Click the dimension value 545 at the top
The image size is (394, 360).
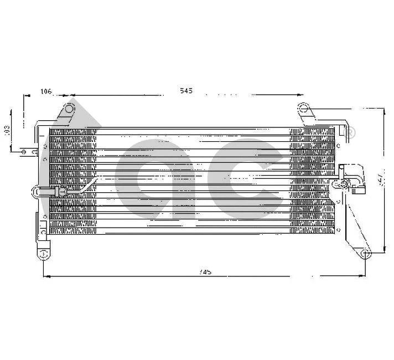coord(186,91)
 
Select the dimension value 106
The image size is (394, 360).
coord(46,91)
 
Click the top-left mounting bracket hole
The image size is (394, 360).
coord(69,108)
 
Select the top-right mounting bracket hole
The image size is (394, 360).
coord(302,107)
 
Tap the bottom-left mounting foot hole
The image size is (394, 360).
coord(42,255)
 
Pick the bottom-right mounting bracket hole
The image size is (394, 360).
coord(364,254)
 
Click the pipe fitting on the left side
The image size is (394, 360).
coord(58,192)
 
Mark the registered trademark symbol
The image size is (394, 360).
coord(350,132)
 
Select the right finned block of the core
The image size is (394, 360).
coord(312,181)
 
